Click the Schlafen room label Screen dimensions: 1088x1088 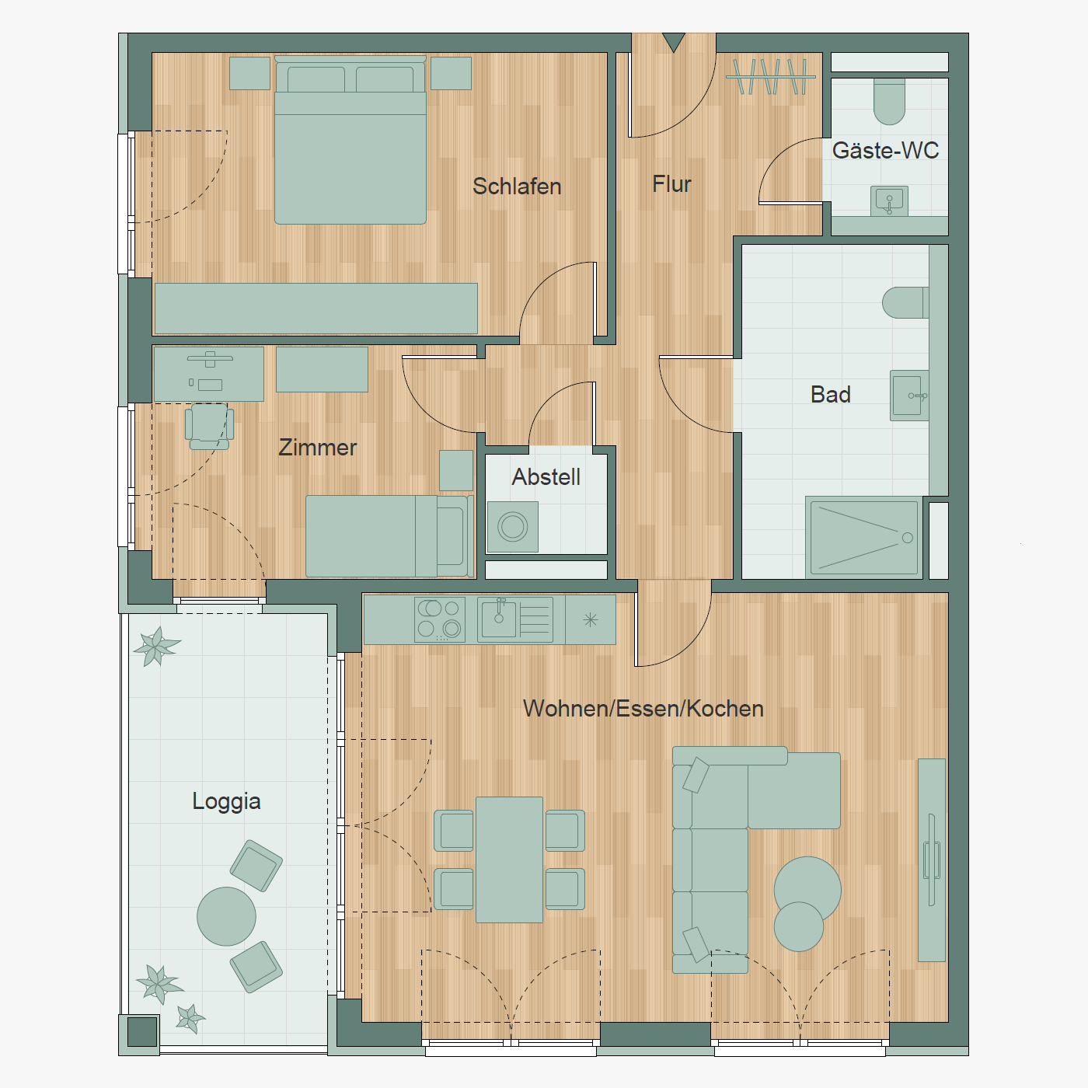coord(517,187)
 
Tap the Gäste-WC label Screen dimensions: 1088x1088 coord(885,150)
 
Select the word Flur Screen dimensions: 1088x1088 coord(671,184)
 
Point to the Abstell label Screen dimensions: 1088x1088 coord(546,477)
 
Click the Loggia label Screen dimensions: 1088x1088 coord(226,801)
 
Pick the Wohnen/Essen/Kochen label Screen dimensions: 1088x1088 coord(643,709)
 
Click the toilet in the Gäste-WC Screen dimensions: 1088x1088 coord(889,101)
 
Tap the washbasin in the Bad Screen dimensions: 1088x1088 coord(909,396)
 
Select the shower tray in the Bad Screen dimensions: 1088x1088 coord(864,538)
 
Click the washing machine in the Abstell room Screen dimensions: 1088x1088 coord(513,527)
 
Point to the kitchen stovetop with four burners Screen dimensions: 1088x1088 coord(440,619)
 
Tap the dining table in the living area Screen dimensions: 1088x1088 coord(509,860)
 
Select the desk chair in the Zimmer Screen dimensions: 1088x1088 coord(210,427)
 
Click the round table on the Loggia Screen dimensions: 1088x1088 coord(226,915)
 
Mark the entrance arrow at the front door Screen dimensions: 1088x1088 coord(674,42)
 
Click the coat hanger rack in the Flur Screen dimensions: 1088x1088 coord(771,76)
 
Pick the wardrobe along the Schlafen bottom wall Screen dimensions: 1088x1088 coord(316,309)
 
